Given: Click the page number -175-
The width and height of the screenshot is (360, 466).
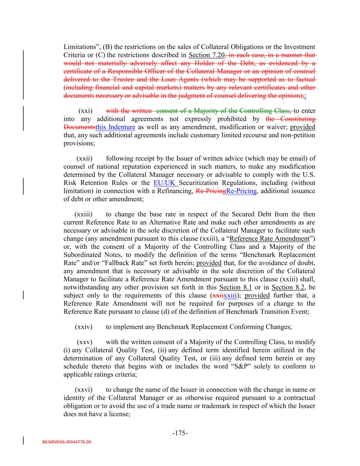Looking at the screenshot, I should [180, 433].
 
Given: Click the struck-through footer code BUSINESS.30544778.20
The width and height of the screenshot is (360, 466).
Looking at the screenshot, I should [67, 442].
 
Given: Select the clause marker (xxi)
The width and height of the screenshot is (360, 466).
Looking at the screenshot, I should [85, 111].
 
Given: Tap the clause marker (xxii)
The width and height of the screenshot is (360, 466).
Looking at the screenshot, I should [84, 158].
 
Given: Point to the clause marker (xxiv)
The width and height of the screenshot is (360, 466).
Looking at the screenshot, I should [84, 327].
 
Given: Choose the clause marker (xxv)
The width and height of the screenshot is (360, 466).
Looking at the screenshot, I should [84, 342].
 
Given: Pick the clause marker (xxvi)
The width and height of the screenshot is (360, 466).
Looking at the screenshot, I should [84, 390].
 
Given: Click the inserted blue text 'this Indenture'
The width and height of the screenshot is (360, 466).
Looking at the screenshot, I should [115, 127].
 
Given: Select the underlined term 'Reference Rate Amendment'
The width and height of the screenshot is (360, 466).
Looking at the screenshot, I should [269, 239].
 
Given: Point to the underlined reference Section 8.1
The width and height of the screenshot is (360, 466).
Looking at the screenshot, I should [235, 287].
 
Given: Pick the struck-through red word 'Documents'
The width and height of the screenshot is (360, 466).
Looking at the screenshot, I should [79, 127].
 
